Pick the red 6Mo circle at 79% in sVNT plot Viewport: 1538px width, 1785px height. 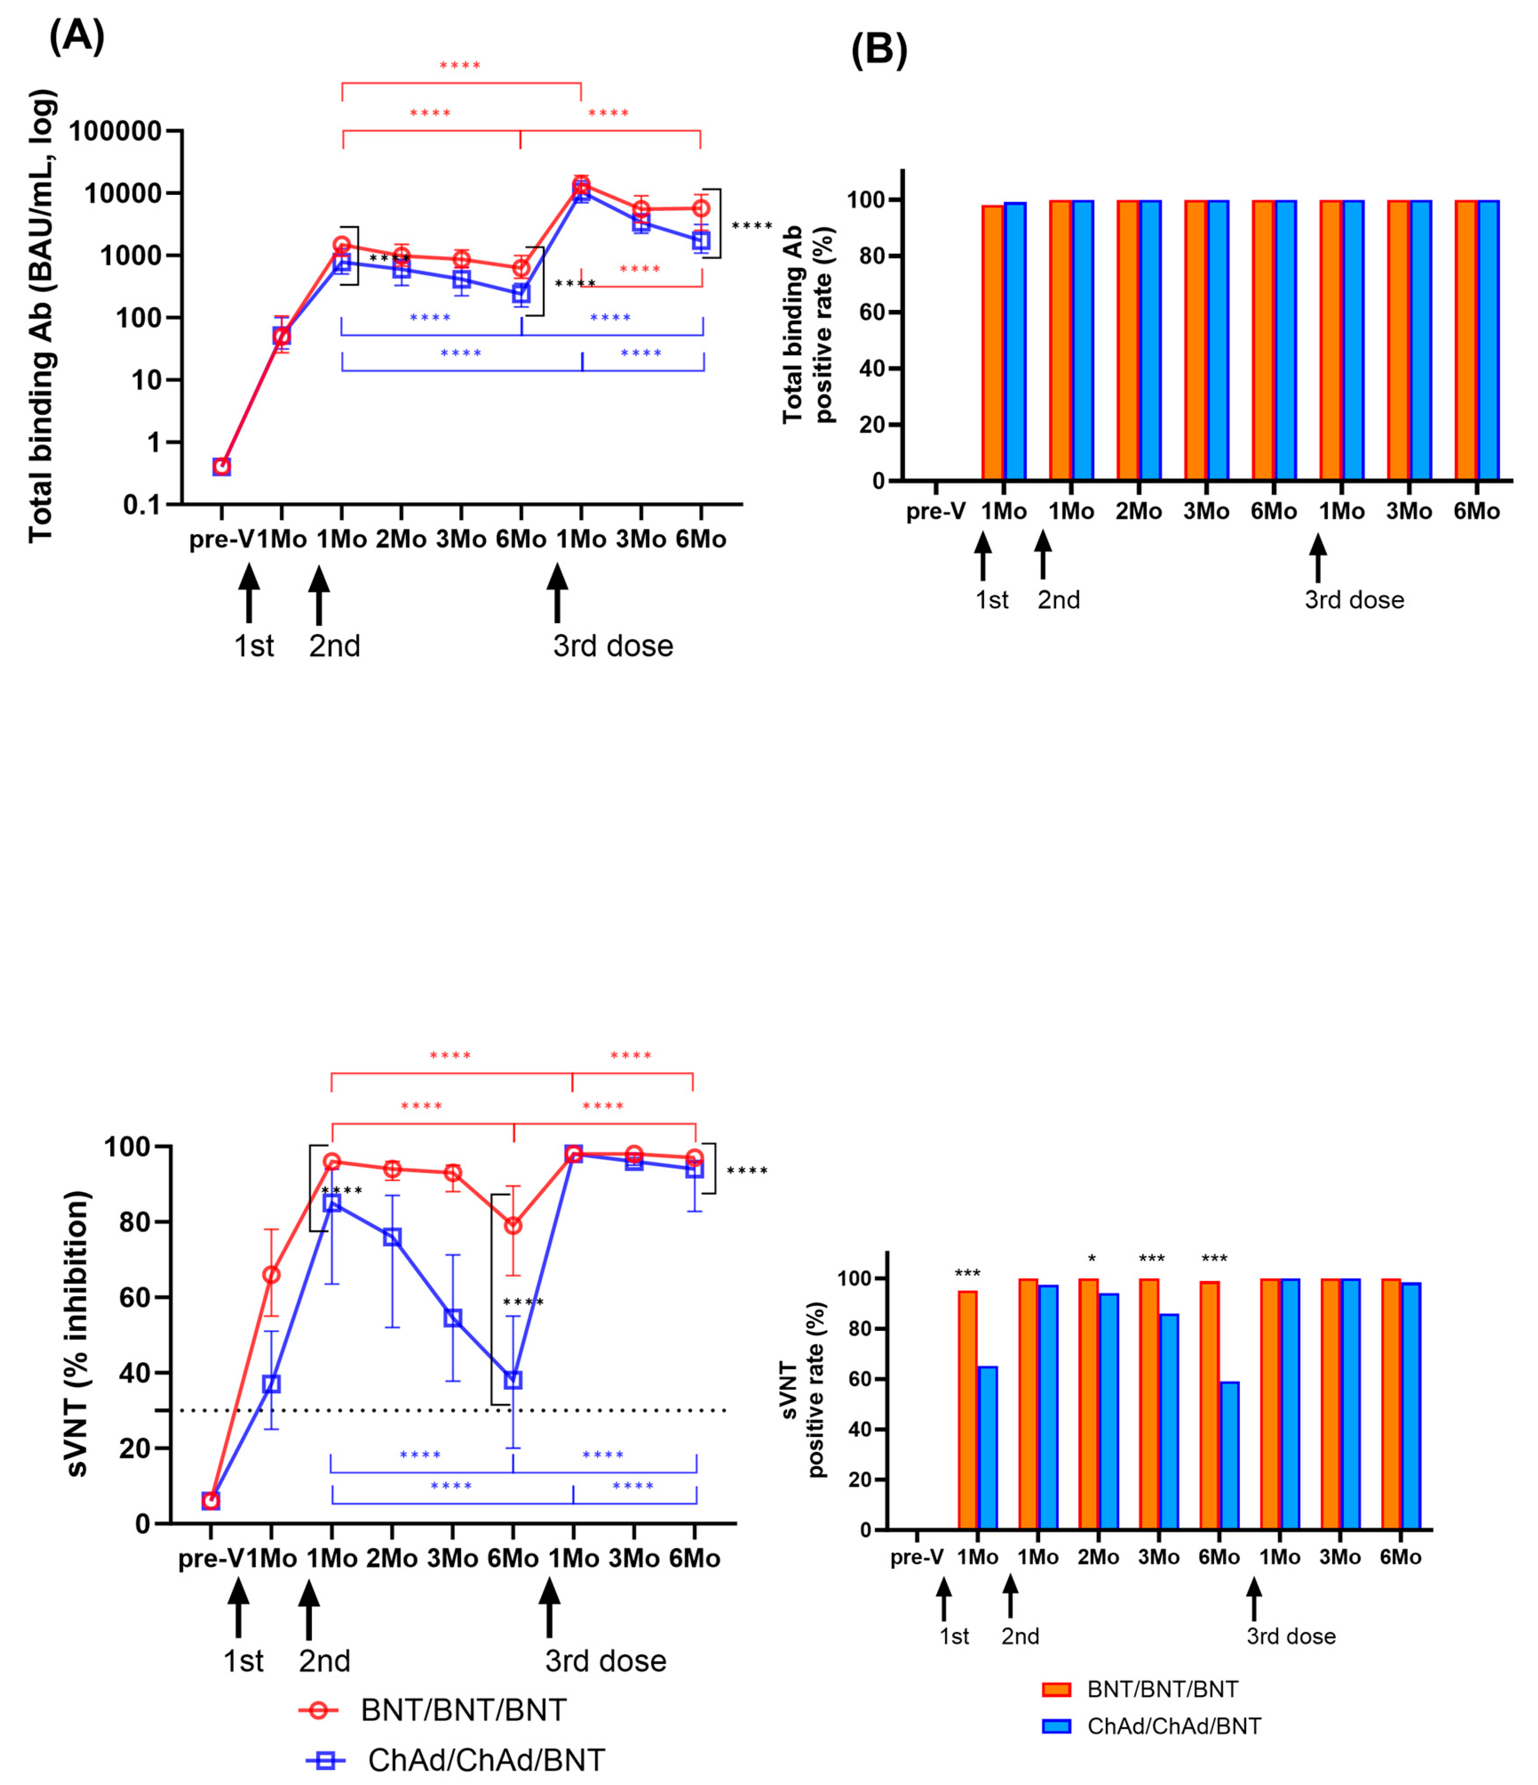513,1225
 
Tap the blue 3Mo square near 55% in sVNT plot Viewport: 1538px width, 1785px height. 452,1318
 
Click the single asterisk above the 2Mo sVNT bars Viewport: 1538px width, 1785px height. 1092,1259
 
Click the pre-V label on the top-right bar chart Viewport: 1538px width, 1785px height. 936,512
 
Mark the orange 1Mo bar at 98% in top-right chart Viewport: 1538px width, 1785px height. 994,343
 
